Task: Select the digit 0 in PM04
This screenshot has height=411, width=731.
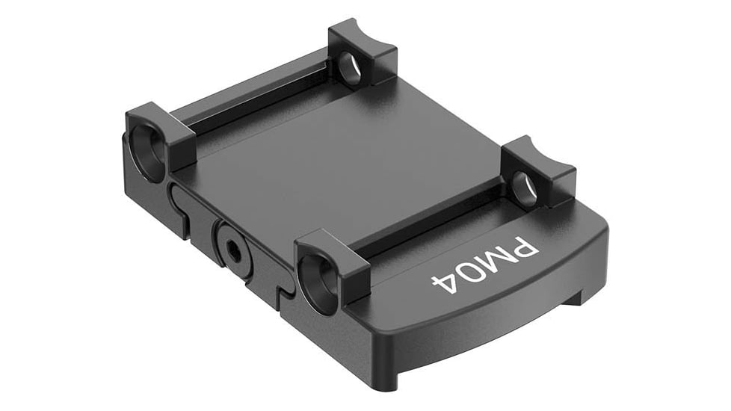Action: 469,274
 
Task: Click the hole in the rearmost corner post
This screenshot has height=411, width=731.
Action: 349,67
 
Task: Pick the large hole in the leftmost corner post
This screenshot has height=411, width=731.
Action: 148,150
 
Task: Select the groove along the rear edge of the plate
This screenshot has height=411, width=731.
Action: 254,97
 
